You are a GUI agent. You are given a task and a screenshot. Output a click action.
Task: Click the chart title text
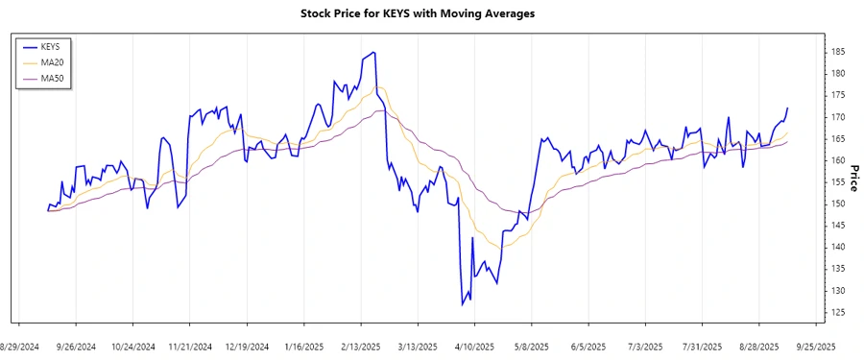[431, 13]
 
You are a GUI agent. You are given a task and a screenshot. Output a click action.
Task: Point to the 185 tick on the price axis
[838, 52]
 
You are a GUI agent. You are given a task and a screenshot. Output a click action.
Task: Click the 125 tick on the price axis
[838, 312]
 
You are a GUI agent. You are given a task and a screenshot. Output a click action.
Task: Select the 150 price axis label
[838, 204]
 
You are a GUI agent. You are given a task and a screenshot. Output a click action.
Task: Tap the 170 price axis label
[838, 117]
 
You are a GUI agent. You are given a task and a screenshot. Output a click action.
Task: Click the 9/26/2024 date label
[77, 346]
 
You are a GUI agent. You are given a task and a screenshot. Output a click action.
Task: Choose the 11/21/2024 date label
[190, 346]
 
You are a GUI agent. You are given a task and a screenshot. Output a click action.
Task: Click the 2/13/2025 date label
[361, 346]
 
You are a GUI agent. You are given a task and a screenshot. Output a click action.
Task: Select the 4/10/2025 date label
[474, 346]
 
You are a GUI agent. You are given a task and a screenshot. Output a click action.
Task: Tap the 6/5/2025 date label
[588, 346]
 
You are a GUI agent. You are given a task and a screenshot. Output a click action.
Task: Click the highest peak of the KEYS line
[372, 52]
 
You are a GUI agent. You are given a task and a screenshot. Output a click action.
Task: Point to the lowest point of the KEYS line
[462, 305]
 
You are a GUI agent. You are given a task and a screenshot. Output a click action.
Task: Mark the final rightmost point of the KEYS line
[787, 108]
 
